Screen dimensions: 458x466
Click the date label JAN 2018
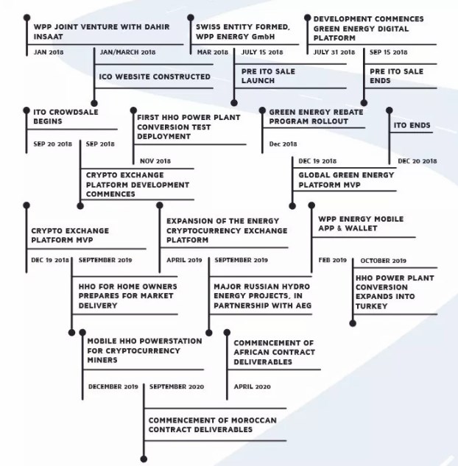click(49, 52)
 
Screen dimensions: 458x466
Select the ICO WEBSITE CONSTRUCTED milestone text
click(155, 77)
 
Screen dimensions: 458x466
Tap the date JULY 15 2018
click(262, 52)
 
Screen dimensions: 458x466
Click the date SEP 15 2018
click(388, 52)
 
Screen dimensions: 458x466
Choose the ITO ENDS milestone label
click(412, 125)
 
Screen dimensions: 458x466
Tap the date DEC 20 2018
click(418, 161)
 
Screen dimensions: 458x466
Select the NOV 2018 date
click(155, 161)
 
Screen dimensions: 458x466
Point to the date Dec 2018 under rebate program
click(283, 144)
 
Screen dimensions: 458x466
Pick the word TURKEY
click(371, 306)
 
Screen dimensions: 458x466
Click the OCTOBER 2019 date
click(383, 261)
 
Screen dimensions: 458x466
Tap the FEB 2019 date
click(332, 260)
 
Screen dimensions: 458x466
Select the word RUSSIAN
click(259, 286)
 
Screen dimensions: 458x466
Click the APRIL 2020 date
click(252, 386)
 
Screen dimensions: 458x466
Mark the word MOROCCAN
click(254, 420)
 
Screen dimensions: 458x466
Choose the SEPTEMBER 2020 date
click(177, 386)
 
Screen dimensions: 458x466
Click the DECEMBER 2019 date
click(113, 386)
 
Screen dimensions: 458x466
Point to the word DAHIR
click(157, 27)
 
